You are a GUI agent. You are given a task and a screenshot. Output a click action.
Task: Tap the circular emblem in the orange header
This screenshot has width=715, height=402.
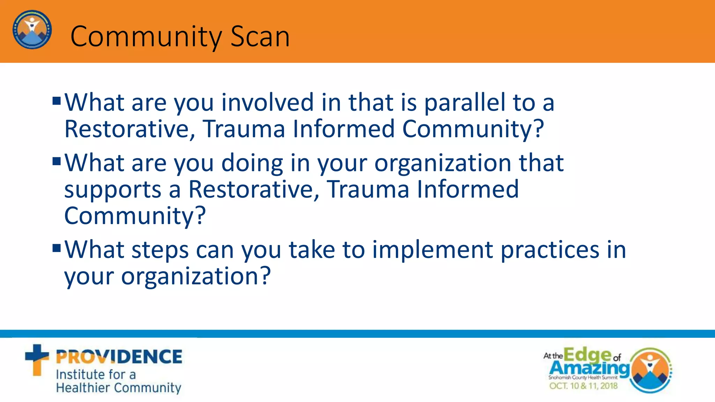pos(32,30)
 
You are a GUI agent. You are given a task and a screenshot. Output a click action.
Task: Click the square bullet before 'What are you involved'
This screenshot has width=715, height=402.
pos(57,101)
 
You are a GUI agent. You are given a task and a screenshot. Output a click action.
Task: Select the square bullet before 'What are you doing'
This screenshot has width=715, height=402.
pos(57,162)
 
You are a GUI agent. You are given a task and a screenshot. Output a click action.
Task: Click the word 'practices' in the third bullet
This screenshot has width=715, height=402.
pos(550,251)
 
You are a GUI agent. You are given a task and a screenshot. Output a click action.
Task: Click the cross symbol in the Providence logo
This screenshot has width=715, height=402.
pos(37,359)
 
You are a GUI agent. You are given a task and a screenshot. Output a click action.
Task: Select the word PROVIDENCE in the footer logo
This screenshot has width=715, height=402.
pos(119,357)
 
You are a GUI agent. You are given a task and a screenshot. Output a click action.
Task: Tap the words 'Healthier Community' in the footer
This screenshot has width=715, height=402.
pos(118,388)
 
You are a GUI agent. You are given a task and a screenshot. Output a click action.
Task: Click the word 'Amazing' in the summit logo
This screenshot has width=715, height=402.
pos(589,368)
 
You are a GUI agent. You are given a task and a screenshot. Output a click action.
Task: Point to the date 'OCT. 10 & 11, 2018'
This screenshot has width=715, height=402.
pos(583,386)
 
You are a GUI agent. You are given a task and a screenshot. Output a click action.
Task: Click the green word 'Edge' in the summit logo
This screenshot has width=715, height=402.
pos(587,355)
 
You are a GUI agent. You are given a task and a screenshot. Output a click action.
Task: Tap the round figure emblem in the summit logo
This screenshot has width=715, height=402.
pos(650,371)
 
